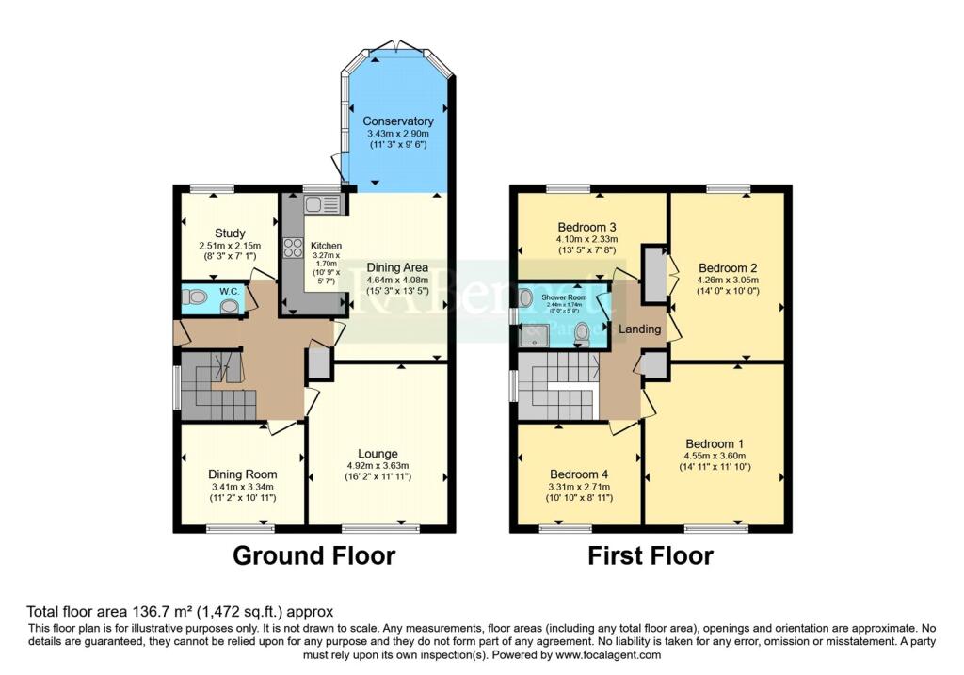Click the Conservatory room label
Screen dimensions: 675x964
coord(399,121)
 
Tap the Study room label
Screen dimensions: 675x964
coord(230,233)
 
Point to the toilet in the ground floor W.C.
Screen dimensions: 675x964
coord(197,297)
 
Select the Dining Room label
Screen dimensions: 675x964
coord(243,474)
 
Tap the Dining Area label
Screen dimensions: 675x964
coord(397,267)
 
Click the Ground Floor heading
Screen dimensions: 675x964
coord(314,555)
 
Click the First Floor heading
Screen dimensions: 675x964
coord(651,555)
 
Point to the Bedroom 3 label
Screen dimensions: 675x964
coord(587,228)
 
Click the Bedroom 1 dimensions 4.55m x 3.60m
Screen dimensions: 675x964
coord(715,456)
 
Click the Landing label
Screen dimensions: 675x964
coord(639,329)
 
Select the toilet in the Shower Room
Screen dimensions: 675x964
coord(583,331)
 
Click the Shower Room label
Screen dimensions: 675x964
coord(563,297)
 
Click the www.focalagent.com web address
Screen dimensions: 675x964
coord(605,654)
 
